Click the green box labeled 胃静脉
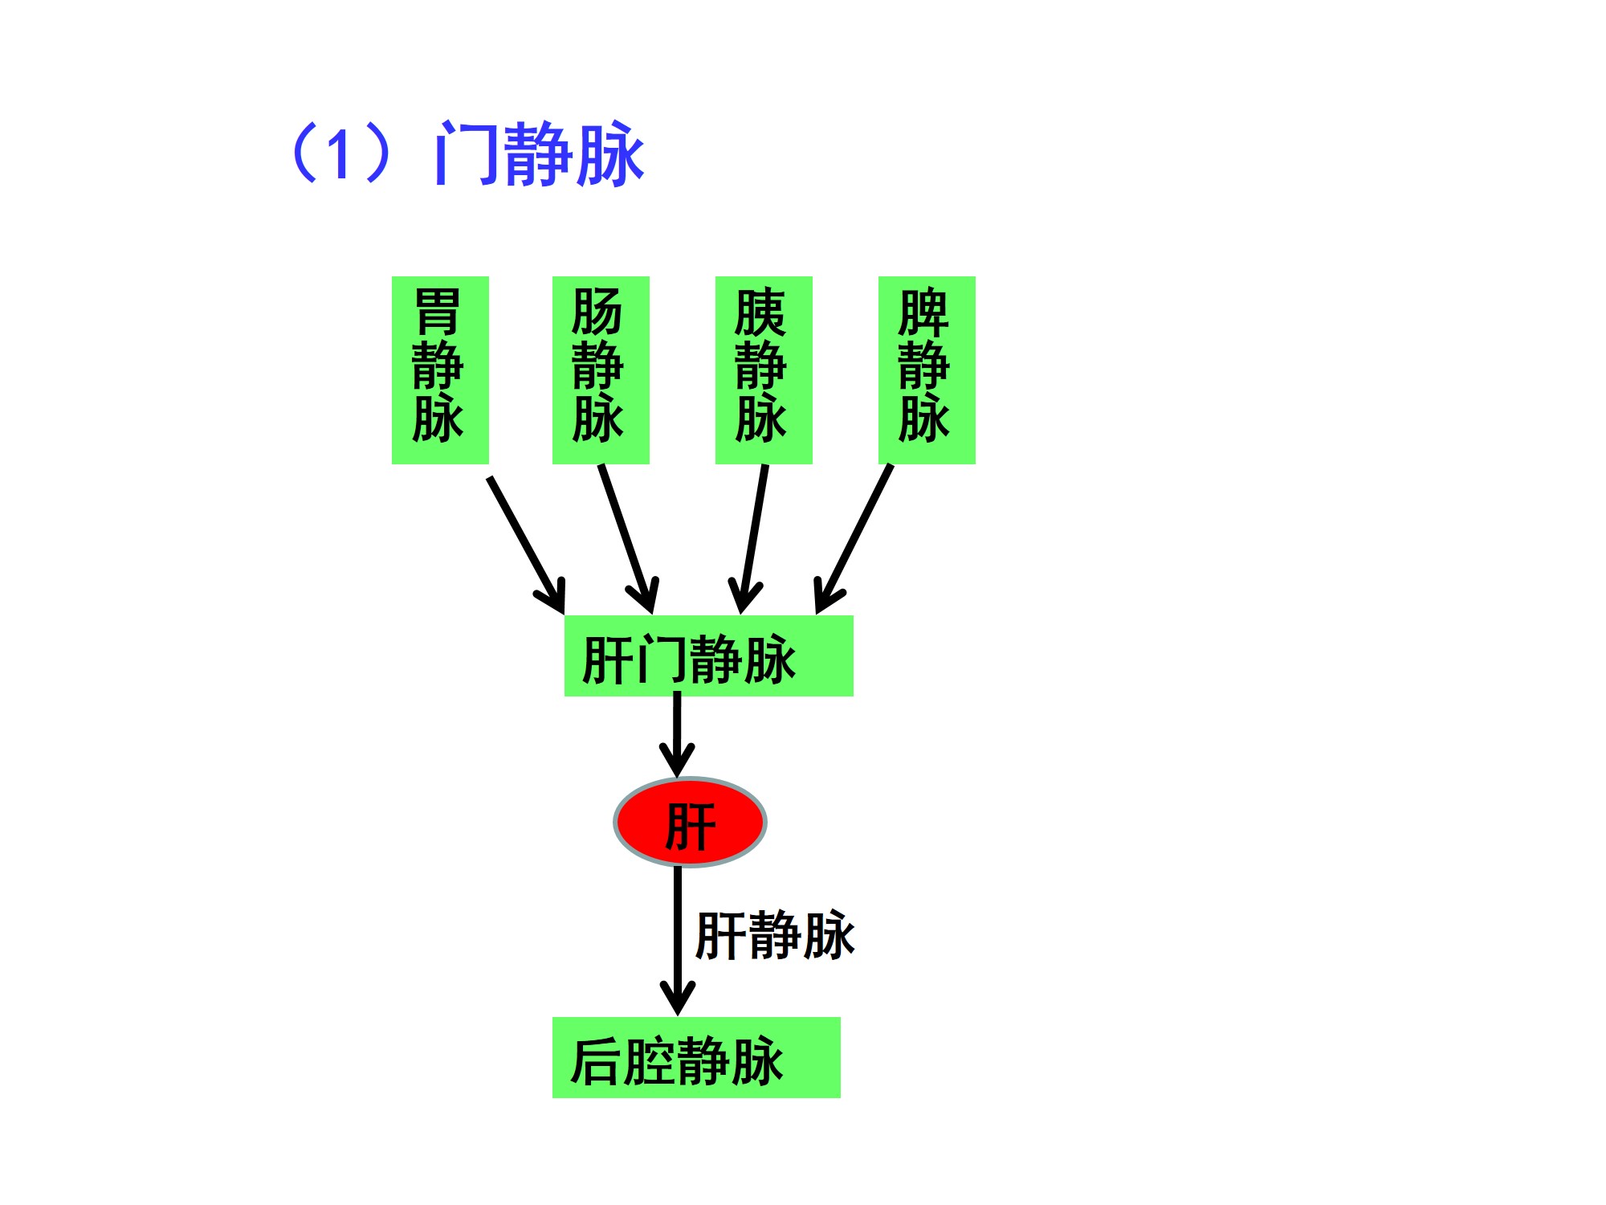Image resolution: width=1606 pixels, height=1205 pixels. [x=440, y=370]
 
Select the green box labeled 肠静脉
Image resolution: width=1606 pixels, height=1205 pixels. [x=601, y=370]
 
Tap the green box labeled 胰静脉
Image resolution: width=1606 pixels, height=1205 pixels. [x=764, y=370]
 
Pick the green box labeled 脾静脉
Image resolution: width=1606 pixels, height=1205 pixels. [x=927, y=370]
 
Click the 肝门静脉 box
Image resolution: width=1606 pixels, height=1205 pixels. [x=708, y=656]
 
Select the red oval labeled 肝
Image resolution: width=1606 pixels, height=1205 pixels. [x=690, y=823]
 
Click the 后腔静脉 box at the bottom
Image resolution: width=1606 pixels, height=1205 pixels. [x=696, y=1057]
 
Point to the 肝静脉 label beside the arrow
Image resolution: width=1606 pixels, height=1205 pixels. [x=775, y=936]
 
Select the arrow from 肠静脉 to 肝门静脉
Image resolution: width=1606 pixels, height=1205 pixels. [x=627, y=538]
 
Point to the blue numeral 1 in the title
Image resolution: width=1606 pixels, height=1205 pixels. [x=338, y=154]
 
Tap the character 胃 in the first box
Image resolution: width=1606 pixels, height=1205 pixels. [x=438, y=312]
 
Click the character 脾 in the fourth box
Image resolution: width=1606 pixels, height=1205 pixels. [x=923, y=312]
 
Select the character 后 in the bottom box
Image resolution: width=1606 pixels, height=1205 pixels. [x=596, y=1061]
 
